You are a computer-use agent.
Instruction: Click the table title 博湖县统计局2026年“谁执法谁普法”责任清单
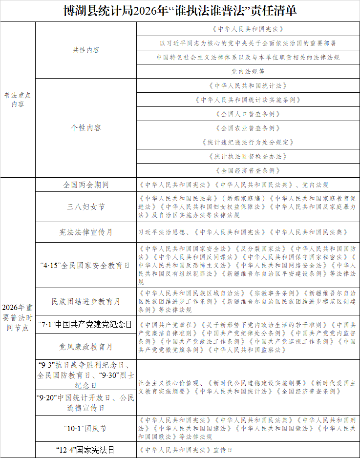[180, 10]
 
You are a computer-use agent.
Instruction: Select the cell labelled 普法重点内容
[18, 100]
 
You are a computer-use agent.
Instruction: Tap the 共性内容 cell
[86, 50]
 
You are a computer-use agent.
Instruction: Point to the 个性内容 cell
[86, 127]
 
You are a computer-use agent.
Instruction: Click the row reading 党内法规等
[248, 71]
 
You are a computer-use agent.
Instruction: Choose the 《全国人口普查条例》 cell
[248, 114]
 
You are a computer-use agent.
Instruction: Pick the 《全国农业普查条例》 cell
[248, 128]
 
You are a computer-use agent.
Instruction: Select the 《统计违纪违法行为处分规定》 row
[248, 142]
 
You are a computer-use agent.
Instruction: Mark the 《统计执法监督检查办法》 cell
[248, 156]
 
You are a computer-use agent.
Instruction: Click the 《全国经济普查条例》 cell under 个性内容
[248, 170]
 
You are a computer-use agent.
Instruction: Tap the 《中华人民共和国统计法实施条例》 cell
[248, 100]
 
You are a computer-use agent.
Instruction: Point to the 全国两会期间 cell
[86, 185]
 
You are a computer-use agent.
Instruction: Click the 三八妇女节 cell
[86, 207]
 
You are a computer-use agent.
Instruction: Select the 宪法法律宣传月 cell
[86, 232]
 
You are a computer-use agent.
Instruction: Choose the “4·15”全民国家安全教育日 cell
[86, 265]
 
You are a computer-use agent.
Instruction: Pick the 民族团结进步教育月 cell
[86, 301]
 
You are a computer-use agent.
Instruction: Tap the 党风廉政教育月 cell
[86, 346]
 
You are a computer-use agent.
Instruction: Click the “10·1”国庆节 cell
[86, 429]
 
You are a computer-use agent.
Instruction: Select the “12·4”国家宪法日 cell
[86, 450]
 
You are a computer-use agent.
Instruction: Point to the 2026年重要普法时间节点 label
[18, 317]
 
